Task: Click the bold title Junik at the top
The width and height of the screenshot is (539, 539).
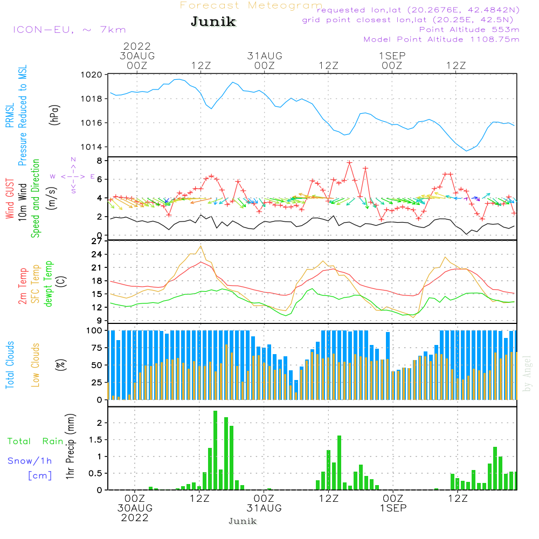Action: point(213,22)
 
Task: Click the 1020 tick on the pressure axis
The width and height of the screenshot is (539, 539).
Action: point(92,74)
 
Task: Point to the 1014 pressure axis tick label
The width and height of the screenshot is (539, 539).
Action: point(92,147)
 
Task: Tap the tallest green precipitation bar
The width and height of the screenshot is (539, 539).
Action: point(215,450)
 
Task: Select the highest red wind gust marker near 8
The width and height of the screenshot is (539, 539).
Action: point(350,163)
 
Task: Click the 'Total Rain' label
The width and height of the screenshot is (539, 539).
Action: point(36,441)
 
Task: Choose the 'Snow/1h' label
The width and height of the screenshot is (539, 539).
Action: point(30,461)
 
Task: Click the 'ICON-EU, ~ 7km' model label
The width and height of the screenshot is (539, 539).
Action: point(70,30)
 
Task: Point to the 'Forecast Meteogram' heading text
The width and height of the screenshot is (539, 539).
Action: point(251,5)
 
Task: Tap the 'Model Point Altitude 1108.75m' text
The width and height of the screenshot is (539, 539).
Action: point(441,39)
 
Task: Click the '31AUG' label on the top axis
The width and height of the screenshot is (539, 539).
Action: point(265,56)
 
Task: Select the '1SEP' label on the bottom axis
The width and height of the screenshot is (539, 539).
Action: point(393,508)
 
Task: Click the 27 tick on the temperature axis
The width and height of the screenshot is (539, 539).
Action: point(97,241)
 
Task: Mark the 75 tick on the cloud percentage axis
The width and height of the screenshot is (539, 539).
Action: point(97,348)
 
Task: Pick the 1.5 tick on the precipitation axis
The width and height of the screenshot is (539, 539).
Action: point(95,440)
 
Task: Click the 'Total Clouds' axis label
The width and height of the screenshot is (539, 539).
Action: point(10,365)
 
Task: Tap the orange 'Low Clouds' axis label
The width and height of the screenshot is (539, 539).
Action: point(36,365)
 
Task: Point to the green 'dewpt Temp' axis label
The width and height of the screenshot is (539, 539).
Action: point(48,284)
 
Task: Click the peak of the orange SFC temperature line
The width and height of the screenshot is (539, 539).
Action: point(201,246)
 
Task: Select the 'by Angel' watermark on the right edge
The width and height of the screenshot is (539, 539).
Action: point(527,374)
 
